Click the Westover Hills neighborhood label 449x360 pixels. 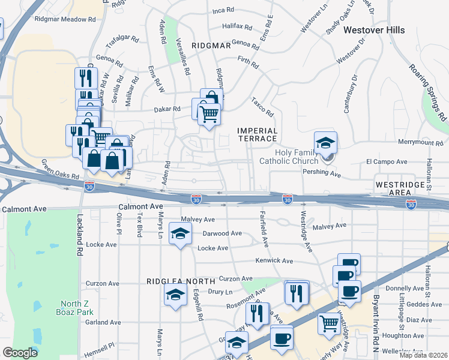tap(373, 30)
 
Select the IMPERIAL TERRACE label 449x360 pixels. tap(258, 134)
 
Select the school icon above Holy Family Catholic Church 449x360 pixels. tap(326, 143)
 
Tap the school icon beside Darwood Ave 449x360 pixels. tap(179, 234)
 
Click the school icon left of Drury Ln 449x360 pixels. tap(175, 295)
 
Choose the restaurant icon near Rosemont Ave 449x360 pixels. tap(297, 293)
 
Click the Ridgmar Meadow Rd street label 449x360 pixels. tap(65, 19)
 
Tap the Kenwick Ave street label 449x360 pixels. tap(274, 261)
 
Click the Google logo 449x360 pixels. tap(20, 353)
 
